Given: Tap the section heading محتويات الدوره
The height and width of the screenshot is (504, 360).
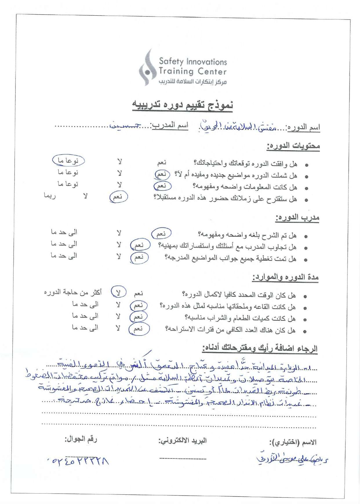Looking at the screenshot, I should [x=293, y=146].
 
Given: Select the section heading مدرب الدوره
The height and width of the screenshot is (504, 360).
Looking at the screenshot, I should [x=297, y=217].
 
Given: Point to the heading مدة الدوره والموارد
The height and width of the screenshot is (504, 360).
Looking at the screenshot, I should [x=285, y=277].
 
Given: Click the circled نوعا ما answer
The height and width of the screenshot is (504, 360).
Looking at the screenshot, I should [x=68, y=160].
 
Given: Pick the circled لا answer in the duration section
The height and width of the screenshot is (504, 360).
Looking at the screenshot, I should [x=119, y=292].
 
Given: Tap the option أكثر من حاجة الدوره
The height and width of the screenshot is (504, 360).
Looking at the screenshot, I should [x=73, y=292].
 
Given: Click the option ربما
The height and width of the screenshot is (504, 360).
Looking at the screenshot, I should [x=50, y=196].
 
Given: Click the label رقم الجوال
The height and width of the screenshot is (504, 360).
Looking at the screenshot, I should [x=81, y=439].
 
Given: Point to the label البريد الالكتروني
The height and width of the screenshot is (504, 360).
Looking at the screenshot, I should [x=182, y=441].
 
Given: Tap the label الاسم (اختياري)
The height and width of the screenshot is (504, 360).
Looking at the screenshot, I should [x=293, y=443].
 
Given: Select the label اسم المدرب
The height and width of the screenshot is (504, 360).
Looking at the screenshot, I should [x=170, y=126].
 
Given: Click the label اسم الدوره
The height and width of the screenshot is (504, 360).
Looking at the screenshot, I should [x=303, y=127].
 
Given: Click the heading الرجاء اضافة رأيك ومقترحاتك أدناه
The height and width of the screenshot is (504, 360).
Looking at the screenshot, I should [x=260, y=348].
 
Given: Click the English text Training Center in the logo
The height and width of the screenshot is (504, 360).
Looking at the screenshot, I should [x=192, y=71].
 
